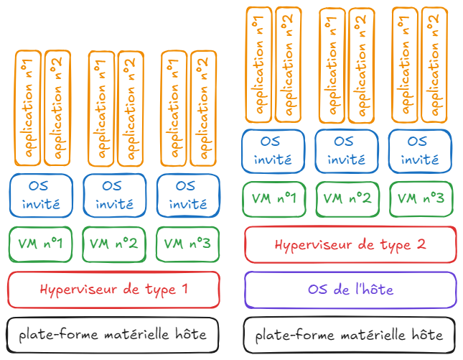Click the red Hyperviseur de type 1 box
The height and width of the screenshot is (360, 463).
pyautogui.click(x=113, y=290)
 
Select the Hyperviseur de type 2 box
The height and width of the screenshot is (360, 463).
pyautogui.click(x=350, y=244)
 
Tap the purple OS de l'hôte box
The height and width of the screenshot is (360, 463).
pyautogui.click(x=350, y=290)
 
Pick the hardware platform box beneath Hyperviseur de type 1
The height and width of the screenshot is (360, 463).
pyautogui.click(x=113, y=334)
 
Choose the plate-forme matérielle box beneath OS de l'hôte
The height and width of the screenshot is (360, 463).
pyautogui.click(x=350, y=335)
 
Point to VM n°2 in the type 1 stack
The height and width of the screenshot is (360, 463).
pyautogui.click(x=114, y=244)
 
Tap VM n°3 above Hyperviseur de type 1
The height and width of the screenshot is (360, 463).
pyautogui.click(x=187, y=244)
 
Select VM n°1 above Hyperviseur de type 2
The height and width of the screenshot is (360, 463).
pyautogui.click(x=276, y=199)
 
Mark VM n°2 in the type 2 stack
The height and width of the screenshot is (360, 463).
pyautogui.click(x=349, y=199)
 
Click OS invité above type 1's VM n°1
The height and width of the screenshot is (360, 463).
pyautogui.click(x=41, y=195)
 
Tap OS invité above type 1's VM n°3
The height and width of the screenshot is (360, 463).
pyautogui.click(x=187, y=195)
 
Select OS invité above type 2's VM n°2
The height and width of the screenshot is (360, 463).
pyautogui.click(x=349, y=150)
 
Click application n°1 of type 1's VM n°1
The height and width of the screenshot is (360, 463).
pyautogui.click(x=29, y=109)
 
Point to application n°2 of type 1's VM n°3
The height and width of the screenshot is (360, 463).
pyautogui.click(x=202, y=109)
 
